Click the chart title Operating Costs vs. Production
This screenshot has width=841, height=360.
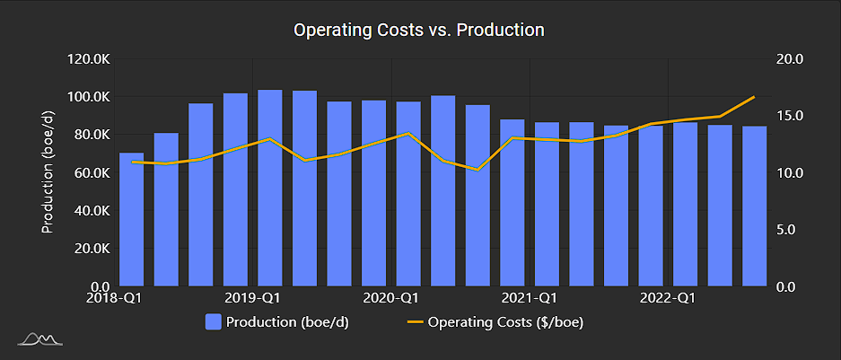point(419,30)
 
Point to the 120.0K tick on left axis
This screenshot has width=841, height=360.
point(88,59)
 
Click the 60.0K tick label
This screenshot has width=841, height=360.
point(91,172)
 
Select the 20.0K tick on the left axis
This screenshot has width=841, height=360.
point(91,249)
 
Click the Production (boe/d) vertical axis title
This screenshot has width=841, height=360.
point(48,172)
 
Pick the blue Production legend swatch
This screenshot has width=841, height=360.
point(214,321)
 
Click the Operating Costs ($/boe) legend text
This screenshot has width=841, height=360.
point(506,321)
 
